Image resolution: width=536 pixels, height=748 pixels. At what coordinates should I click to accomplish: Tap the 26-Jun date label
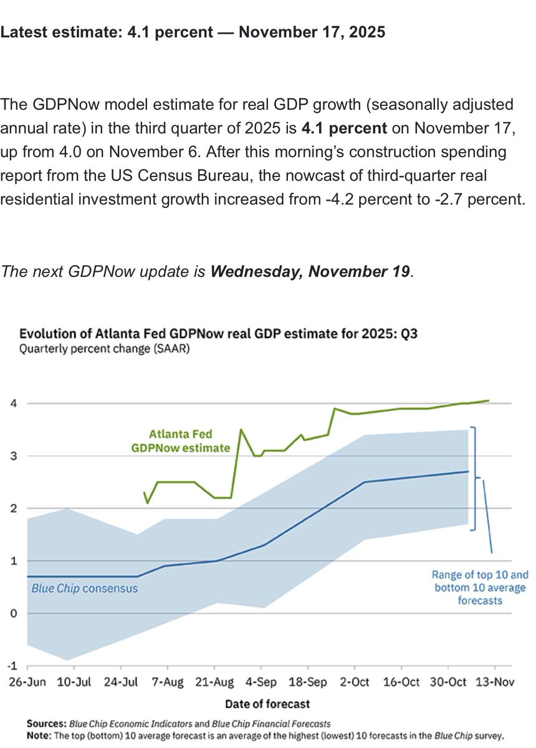[x=28, y=682]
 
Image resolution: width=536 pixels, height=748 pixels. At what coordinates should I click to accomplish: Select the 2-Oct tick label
[x=355, y=682]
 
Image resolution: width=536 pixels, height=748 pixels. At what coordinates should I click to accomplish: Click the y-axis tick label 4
[x=12, y=403]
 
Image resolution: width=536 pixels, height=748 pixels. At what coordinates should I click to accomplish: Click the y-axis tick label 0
[x=12, y=613]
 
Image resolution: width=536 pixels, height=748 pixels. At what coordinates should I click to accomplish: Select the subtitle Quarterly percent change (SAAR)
[x=105, y=349]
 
